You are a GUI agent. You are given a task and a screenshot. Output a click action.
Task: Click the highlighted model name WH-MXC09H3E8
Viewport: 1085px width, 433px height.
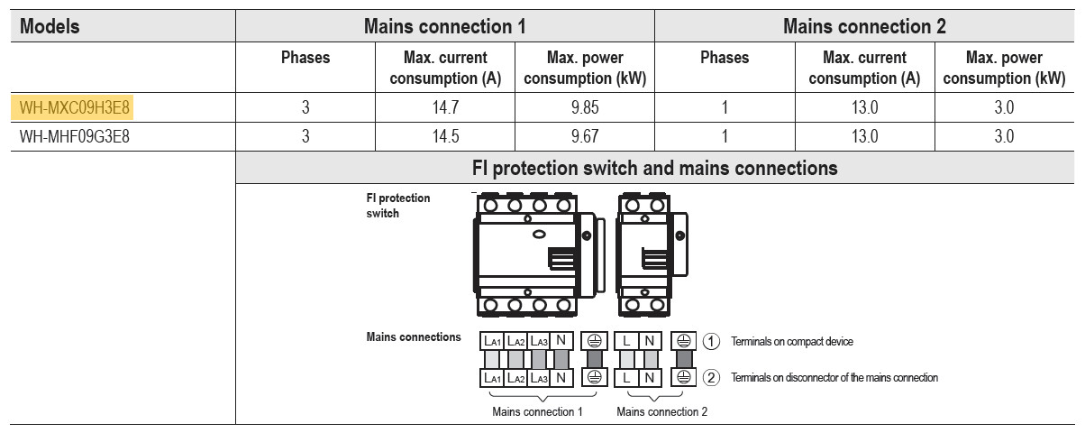tap(77, 108)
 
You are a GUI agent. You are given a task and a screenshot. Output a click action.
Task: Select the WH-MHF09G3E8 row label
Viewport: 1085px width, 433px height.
tap(77, 137)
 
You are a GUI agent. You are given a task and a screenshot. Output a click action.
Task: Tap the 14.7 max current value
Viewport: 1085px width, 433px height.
tap(445, 108)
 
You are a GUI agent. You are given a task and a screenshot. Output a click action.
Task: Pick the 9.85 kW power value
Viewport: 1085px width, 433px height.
tap(585, 108)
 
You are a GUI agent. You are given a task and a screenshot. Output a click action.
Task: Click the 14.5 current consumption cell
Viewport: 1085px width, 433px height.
tap(445, 137)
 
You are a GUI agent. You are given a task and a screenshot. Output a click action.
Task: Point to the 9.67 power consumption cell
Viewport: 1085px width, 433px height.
tap(585, 137)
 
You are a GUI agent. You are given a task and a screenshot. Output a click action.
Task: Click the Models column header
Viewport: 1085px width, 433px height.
tap(50, 26)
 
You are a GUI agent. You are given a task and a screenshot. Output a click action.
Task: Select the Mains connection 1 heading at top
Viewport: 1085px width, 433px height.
tap(444, 26)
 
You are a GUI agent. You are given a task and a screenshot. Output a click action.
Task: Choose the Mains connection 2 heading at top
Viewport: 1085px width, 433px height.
tap(864, 26)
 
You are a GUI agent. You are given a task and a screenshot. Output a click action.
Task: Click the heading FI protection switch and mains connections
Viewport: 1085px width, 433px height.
tap(655, 168)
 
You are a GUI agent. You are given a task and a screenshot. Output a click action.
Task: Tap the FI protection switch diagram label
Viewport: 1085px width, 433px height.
tap(397, 206)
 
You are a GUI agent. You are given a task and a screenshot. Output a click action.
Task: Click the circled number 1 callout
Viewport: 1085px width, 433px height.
tap(712, 342)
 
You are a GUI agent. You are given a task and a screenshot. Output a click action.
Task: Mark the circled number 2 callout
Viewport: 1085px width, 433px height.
tap(712, 378)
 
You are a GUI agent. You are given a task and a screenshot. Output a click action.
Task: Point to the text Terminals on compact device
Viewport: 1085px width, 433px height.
tap(792, 342)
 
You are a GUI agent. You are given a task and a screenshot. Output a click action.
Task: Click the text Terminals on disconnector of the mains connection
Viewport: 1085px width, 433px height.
tap(834, 378)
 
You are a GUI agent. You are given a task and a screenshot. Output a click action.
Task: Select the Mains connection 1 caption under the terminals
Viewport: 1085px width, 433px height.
tap(537, 412)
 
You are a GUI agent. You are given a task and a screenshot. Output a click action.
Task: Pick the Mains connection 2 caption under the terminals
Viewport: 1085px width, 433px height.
tap(662, 412)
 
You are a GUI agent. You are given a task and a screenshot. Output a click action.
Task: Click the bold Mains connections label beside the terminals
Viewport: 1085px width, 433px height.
tap(414, 337)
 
